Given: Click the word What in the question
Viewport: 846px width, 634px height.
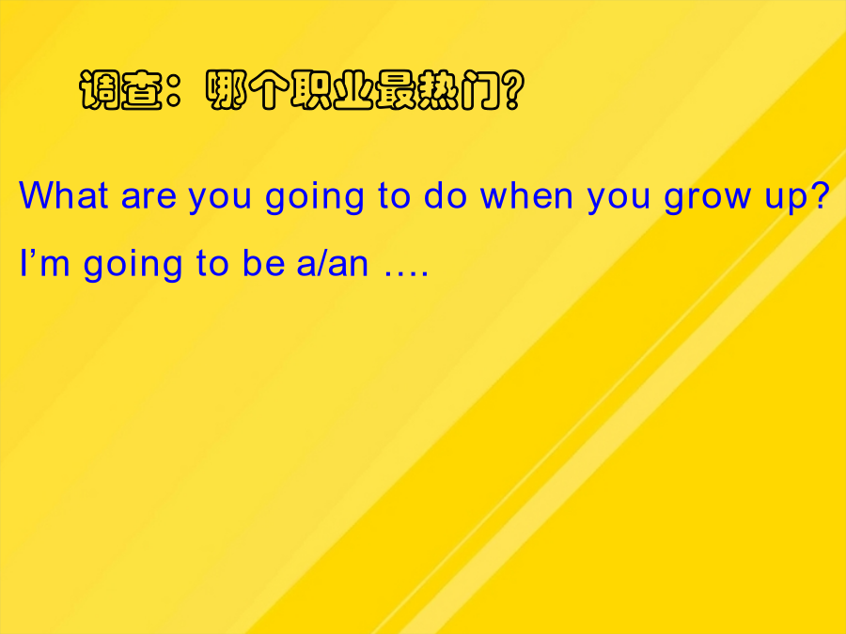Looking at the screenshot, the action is [x=64, y=194].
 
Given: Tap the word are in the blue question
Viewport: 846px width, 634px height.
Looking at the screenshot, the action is [x=149, y=197].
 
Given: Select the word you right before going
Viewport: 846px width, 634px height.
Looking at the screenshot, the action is [x=220, y=200].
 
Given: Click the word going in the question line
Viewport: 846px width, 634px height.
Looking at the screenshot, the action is [x=315, y=198].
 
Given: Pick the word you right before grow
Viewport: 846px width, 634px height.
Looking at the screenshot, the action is [x=619, y=200].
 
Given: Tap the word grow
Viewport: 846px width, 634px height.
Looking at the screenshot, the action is [x=707, y=200].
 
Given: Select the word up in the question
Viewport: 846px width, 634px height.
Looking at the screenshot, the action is [x=784, y=200].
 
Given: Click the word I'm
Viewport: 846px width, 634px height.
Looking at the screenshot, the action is [x=45, y=263].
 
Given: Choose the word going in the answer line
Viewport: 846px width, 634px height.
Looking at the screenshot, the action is [x=133, y=266].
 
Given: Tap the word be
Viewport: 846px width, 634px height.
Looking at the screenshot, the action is [x=263, y=263].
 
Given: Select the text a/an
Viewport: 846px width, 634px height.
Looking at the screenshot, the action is [x=333, y=263].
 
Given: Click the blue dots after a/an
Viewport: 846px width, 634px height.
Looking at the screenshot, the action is [x=406, y=274].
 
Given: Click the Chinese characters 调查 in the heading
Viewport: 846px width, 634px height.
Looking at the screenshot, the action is [x=121, y=89].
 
